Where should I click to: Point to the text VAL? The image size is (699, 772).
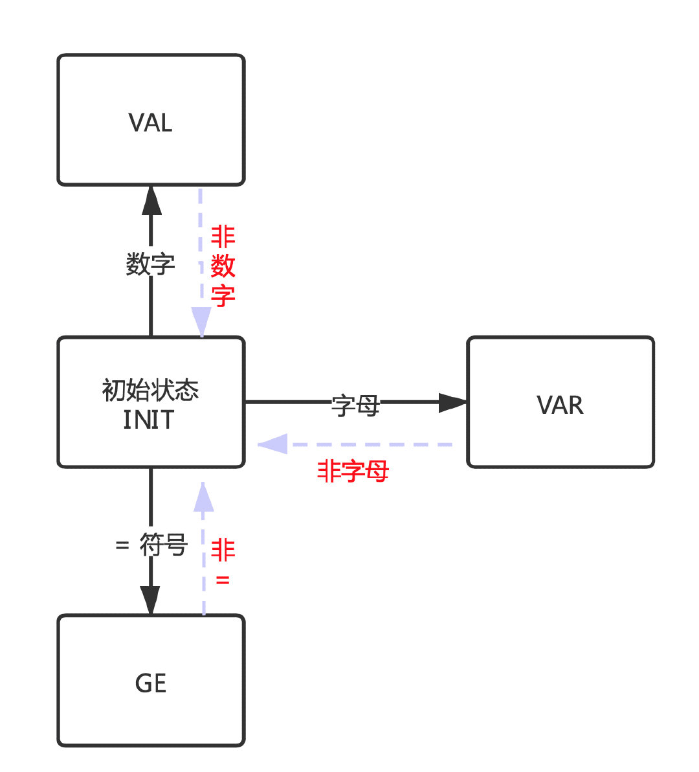coord(151,122)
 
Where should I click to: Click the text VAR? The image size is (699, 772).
coord(560,405)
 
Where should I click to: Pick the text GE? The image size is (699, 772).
coord(151,683)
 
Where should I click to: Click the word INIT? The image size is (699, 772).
coord(149,420)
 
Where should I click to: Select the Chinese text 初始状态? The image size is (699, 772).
coord(150,390)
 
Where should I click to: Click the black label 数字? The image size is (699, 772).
coord(150,264)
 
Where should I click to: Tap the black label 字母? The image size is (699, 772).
coord(355,405)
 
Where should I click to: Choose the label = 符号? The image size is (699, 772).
coord(151,545)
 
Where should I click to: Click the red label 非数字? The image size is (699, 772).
coord(223,266)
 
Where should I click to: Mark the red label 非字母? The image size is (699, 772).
coord(353,471)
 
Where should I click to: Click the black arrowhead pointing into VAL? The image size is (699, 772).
coord(151,201)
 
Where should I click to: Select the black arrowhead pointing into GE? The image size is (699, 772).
coord(150,600)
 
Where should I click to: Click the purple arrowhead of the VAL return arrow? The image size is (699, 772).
coord(201,321)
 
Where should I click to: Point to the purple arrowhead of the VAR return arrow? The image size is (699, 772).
coord(273,444)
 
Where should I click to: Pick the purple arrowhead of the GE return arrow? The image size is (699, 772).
coord(204,497)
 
